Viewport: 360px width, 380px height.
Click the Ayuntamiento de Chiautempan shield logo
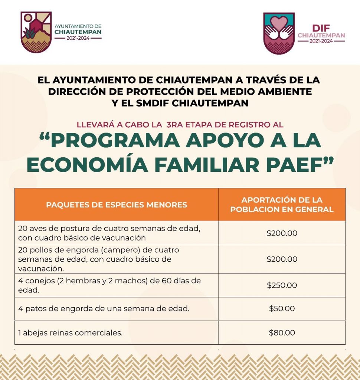[36, 32]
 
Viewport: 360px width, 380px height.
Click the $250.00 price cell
[282, 285]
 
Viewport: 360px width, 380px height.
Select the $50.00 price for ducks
[282, 309]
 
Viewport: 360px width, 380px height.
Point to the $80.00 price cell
[282, 333]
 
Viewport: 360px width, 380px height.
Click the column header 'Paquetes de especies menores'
[116, 205]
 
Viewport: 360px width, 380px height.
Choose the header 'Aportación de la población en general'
[282, 205]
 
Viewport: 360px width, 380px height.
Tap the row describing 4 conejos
[109, 285]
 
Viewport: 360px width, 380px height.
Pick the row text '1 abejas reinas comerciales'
[70, 333]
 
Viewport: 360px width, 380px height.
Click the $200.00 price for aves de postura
[282, 233]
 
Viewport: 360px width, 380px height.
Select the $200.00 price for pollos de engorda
[282, 259]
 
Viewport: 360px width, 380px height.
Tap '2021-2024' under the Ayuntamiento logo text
[78, 38]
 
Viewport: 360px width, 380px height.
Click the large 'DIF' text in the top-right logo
[321, 28]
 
